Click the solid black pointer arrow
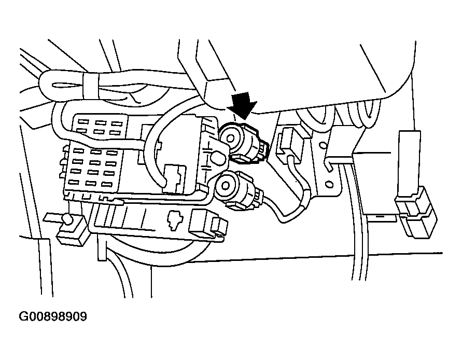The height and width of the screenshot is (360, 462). pos(242,104)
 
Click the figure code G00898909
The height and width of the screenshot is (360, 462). pos(53,316)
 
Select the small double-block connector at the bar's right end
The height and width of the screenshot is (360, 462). pos(208,224)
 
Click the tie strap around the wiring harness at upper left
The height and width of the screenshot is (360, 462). pos(90,82)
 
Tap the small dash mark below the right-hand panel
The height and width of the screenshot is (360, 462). pos(381,214)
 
